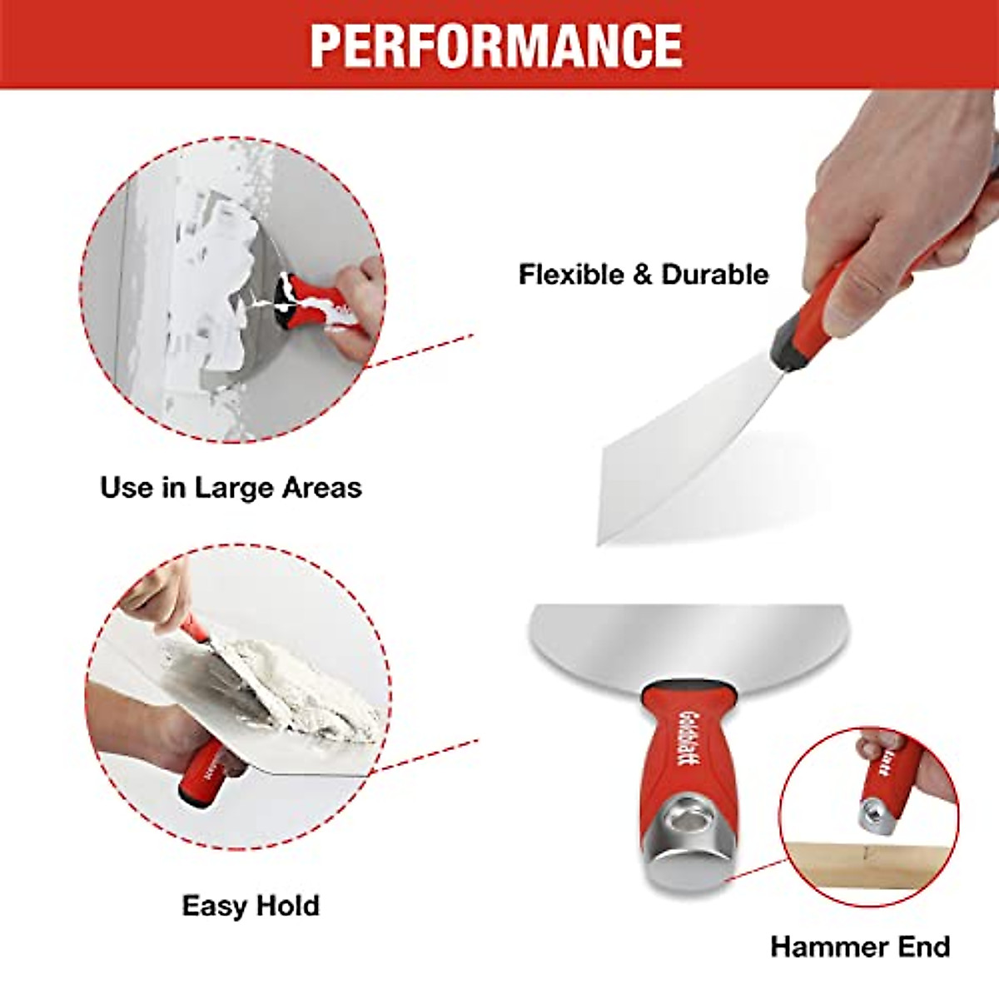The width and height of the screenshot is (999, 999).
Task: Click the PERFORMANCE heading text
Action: [x=497, y=45]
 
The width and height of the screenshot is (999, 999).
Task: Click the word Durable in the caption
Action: [x=715, y=275]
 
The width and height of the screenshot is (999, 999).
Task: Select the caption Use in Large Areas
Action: [x=231, y=487]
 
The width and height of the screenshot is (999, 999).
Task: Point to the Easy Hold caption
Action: [x=251, y=906]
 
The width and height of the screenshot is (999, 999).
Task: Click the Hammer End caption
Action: [x=860, y=947]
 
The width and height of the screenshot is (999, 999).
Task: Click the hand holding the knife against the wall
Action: [x=362, y=304]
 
